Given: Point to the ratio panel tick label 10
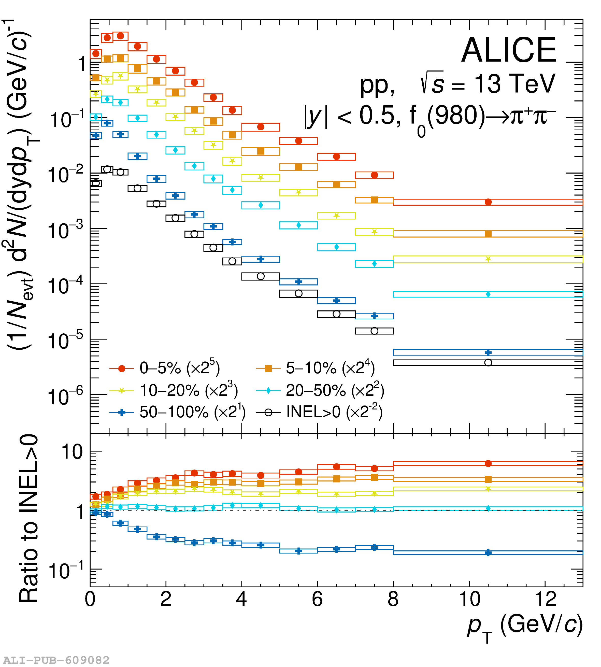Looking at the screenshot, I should (x=72, y=452).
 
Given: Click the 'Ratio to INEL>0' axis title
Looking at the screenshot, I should (x=29, y=518).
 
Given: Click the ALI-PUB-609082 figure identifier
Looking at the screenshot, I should (x=56, y=660).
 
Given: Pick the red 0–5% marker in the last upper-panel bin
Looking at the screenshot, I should (x=488, y=202).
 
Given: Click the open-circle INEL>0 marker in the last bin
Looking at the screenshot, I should (x=488, y=363).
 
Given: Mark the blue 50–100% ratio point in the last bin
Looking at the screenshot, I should (x=488, y=552).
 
